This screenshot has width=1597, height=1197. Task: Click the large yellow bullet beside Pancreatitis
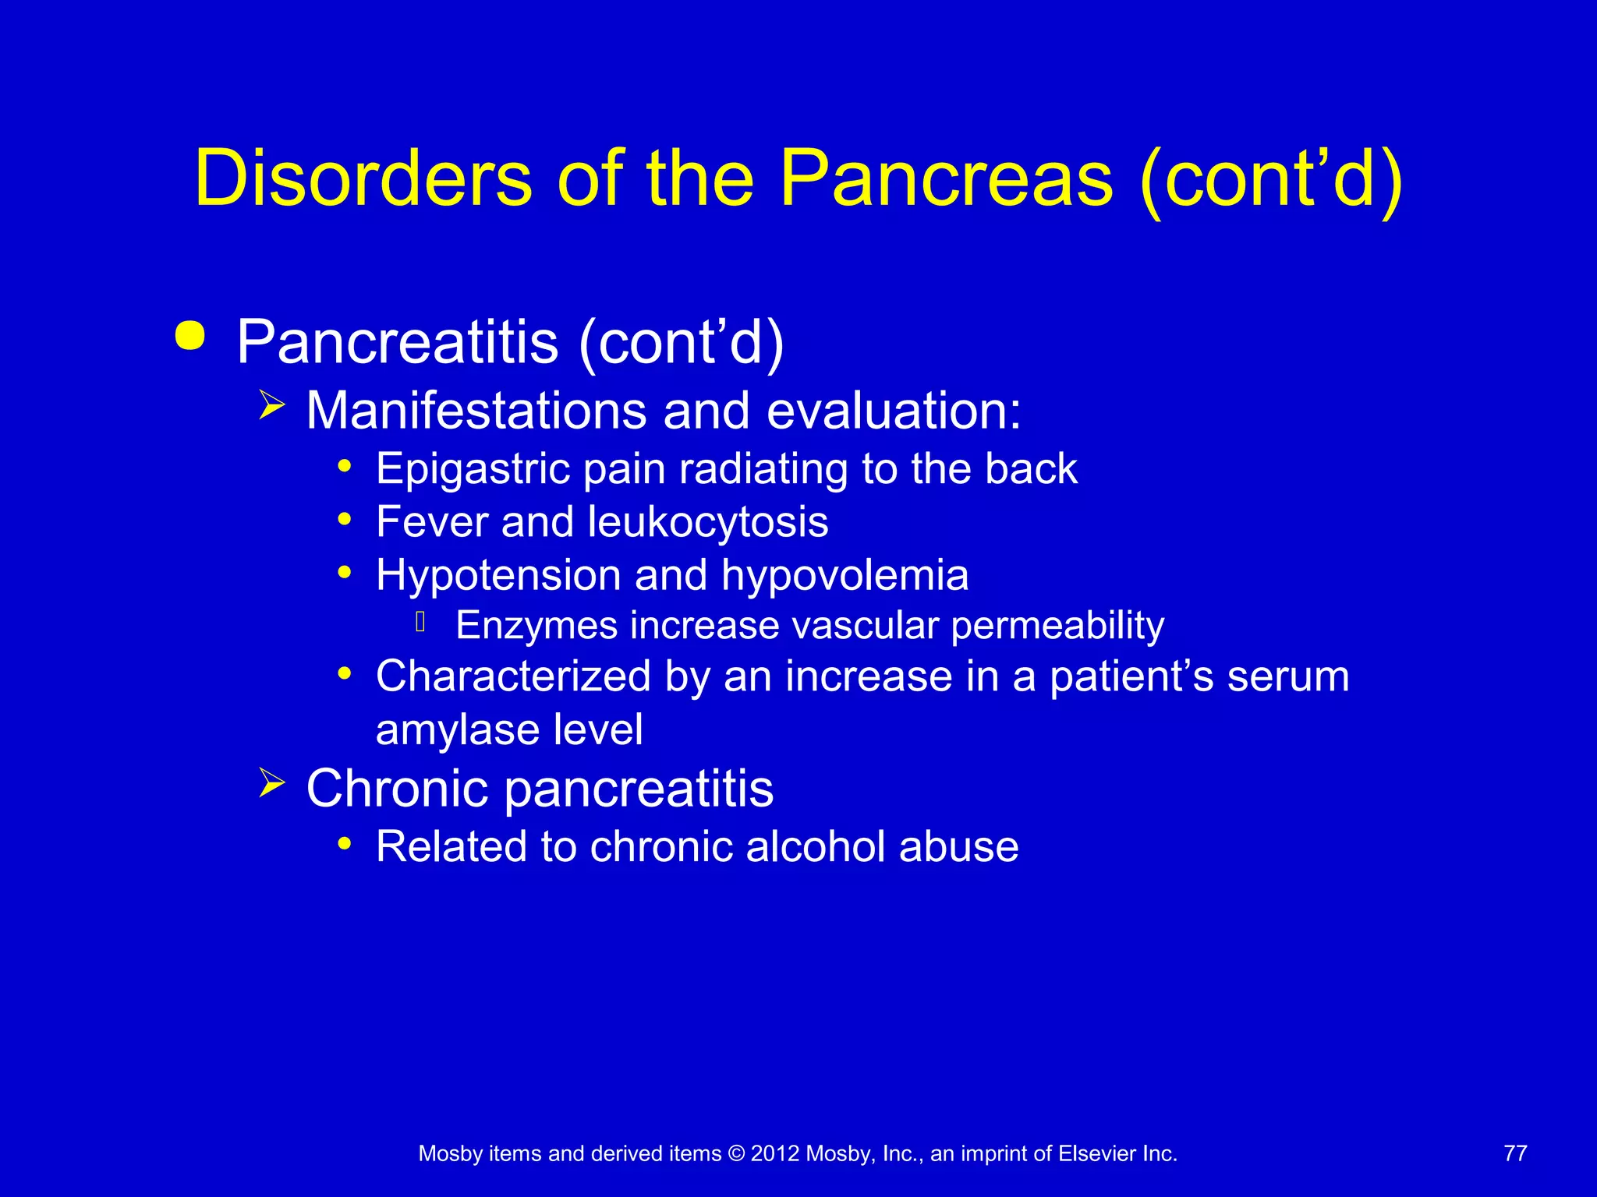pos(190,336)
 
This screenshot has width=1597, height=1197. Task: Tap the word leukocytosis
pos(707,521)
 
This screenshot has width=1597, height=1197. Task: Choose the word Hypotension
pos(498,575)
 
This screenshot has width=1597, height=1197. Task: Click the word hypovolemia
pos(845,575)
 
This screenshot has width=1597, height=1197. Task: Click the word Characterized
pos(513,676)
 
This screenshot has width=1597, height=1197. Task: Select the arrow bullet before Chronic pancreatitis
pos(271,782)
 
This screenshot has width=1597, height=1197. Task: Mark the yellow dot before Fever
pos(345,519)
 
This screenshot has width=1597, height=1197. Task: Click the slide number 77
pos(1515,1153)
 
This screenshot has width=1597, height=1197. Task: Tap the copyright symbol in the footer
pos(736,1153)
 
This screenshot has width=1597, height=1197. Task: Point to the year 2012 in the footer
pos(775,1153)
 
